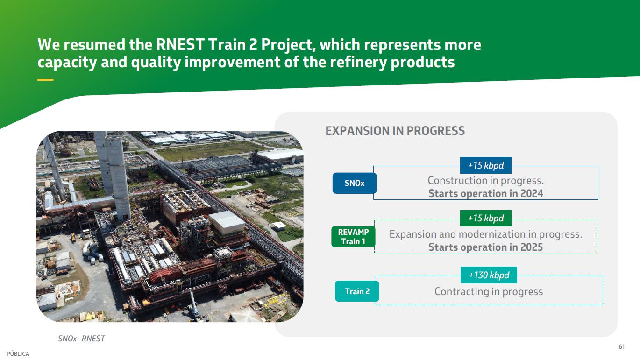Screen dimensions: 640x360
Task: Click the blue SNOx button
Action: [x=354, y=183]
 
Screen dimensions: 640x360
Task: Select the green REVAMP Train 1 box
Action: [x=353, y=237]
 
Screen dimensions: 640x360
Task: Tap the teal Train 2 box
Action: [x=357, y=291]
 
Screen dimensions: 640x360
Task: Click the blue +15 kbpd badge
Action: [x=486, y=165]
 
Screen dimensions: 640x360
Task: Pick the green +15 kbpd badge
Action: [x=486, y=218]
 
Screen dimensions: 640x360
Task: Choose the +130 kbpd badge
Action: [x=489, y=275]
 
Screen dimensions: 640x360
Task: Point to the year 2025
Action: [x=532, y=247]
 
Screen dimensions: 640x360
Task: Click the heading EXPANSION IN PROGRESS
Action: [x=395, y=131]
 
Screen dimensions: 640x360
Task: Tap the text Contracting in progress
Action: [x=489, y=292]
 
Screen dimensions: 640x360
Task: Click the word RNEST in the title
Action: [x=180, y=45]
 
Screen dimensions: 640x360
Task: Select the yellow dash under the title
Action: [x=45, y=80]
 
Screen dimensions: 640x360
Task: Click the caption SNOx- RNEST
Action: [x=81, y=339]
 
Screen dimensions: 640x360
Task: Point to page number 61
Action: [x=622, y=347]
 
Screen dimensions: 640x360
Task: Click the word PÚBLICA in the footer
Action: [x=18, y=354]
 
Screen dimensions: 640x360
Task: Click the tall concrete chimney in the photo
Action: [x=118, y=177]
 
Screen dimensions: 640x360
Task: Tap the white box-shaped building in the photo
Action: [x=227, y=223]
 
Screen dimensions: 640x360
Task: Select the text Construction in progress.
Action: [x=486, y=180]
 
